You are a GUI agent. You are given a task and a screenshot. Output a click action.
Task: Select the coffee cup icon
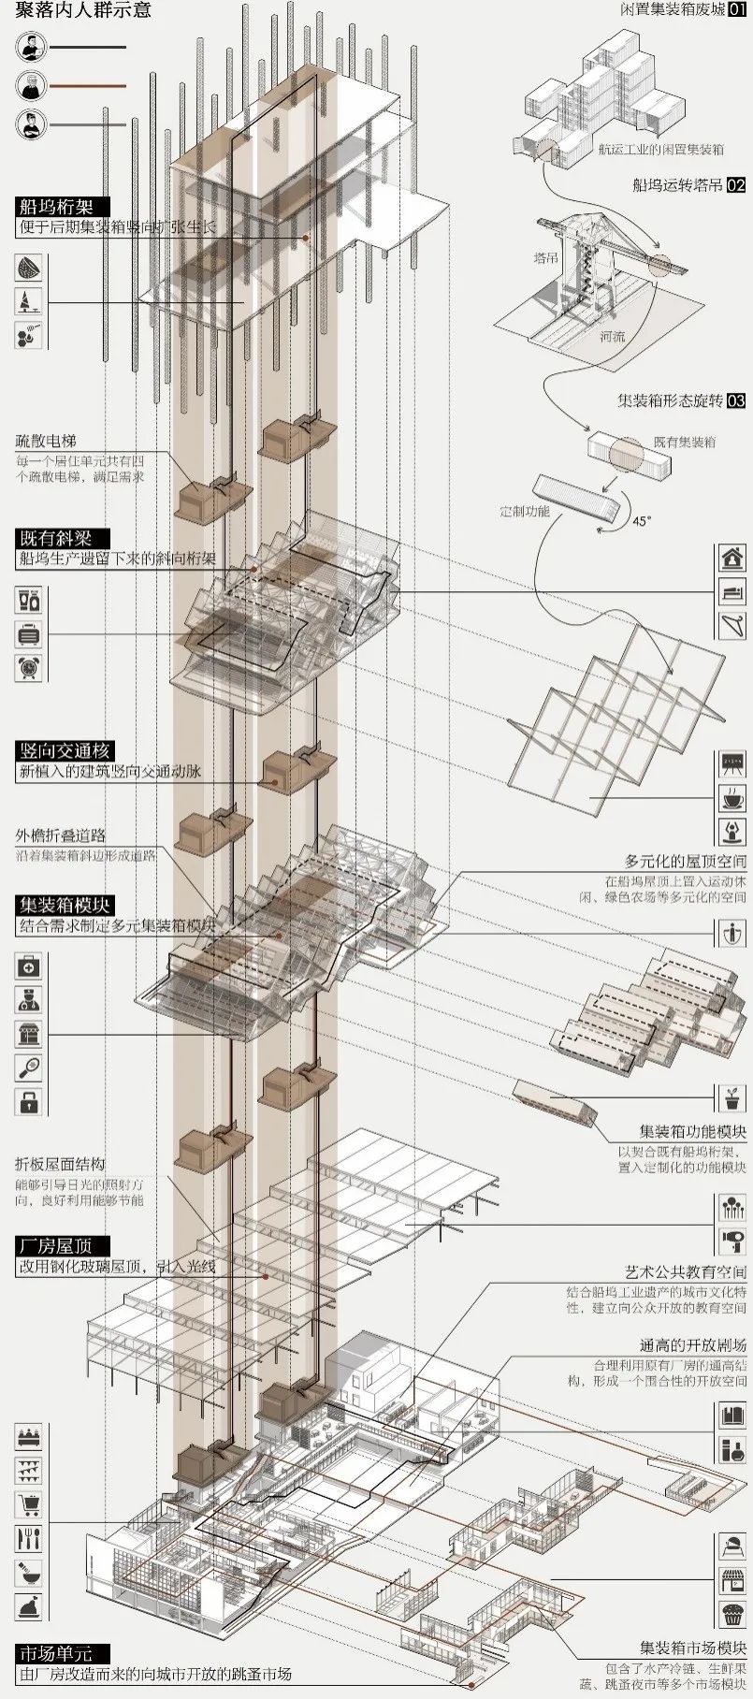point(730,797)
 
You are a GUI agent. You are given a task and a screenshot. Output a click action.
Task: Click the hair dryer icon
point(730,1241)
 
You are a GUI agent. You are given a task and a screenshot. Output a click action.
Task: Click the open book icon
point(730,1416)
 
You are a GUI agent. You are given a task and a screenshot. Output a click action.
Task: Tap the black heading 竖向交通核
point(67,750)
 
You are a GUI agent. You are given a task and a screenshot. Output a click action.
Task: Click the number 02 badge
point(736,185)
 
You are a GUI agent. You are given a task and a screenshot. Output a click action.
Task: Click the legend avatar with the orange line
point(31,85)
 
